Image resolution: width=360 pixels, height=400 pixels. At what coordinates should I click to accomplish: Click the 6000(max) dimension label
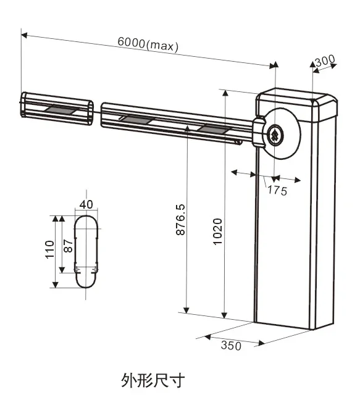pyautogui.click(x=148, y=44)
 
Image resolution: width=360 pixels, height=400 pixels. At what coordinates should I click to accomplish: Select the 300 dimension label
pyautogui.click(x=325, y=60)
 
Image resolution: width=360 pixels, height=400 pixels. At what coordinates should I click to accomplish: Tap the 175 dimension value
pyautogui.click(x=277, y=191)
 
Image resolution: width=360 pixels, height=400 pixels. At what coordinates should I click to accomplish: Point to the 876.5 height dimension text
pyautogui.click(x=181, y=219)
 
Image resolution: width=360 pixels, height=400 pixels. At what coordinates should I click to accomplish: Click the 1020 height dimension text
pyautogui.click(x=217, y=231)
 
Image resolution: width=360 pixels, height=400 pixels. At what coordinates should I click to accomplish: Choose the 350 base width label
pyautogui.click(x=231, y=346)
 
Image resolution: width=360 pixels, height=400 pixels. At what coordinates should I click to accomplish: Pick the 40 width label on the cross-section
pyautogui.click(x=86, y=204)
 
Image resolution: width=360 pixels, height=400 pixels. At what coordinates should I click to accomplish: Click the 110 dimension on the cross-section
pyautogui.click(x=50, y=249)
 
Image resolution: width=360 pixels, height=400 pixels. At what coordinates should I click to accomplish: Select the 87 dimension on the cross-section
pyautogui.click(x=68, y=246)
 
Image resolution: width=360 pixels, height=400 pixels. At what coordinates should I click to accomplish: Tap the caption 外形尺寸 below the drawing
pyautogui.click(x=153, y=380)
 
